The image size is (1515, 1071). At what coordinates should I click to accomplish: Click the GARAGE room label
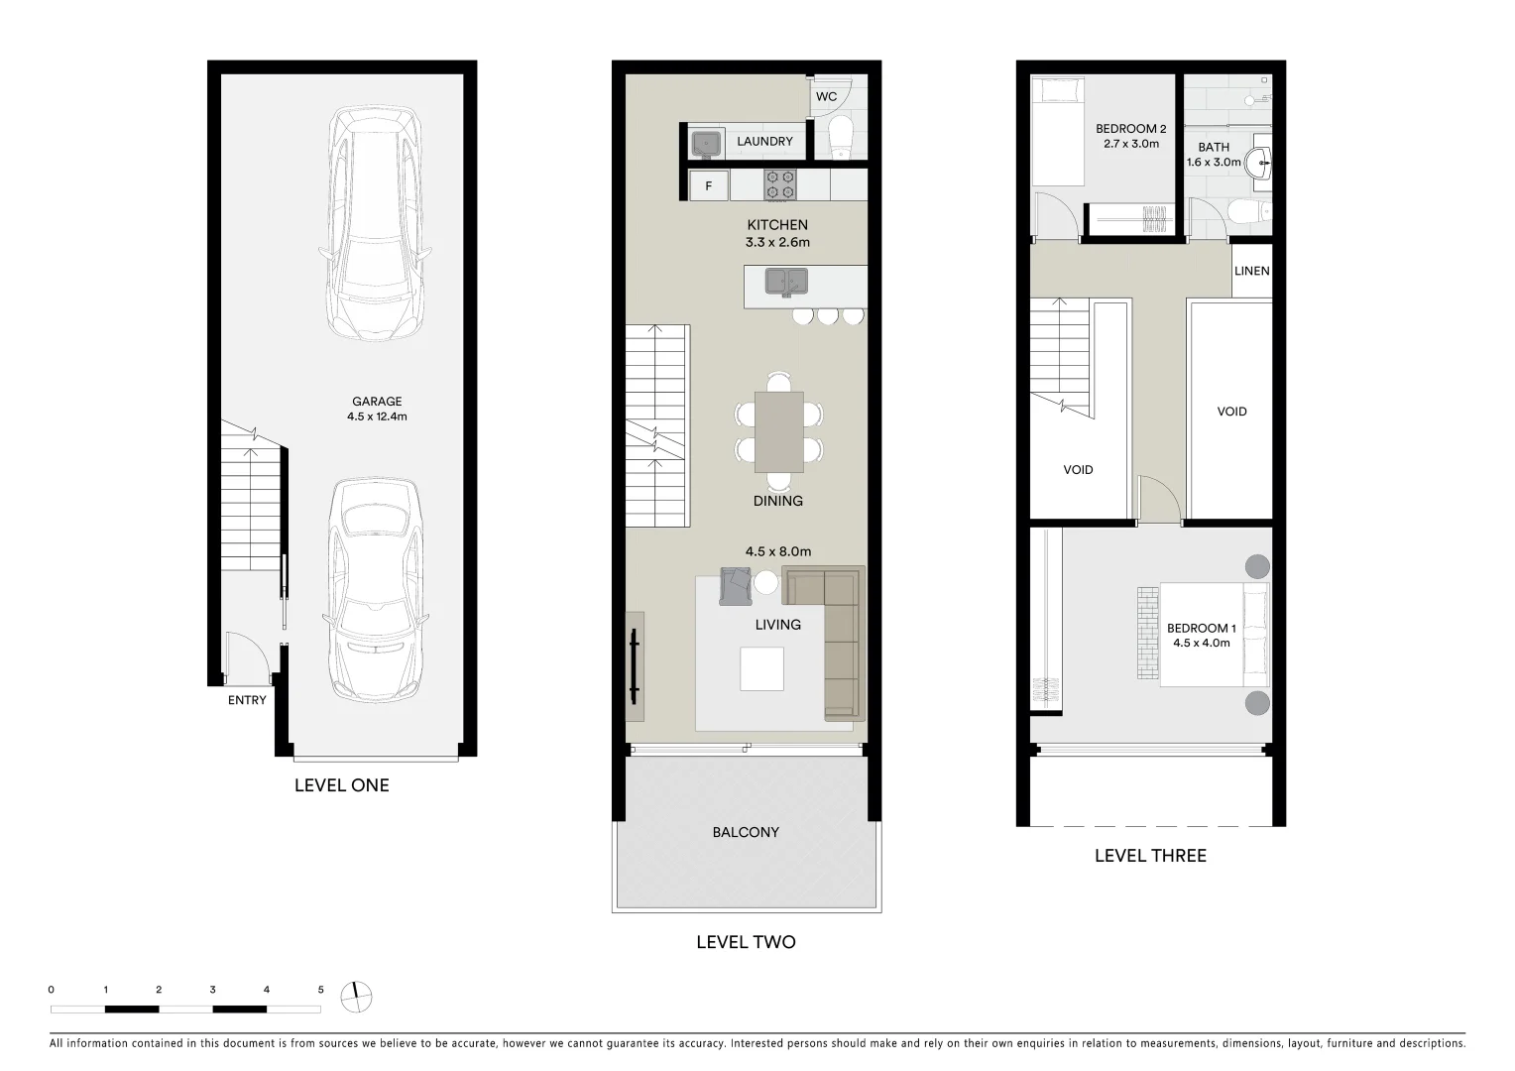(377, 402)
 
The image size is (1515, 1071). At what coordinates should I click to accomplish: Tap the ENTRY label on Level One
(247, 700)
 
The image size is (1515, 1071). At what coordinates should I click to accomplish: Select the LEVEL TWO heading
(746, 942)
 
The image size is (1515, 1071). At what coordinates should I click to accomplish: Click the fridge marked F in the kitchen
(709, 185)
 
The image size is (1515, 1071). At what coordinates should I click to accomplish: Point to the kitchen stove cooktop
(780, 184)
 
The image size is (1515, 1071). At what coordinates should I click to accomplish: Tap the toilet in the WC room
(840, 136)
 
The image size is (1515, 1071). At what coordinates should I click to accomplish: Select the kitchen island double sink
(786, 282)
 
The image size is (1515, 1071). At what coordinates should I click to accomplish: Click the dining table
(779, 431)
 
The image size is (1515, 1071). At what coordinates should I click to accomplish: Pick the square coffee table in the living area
(761, 668)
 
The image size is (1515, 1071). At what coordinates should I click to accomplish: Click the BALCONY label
(746, 832)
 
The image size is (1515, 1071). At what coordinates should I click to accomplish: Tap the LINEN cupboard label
(1252, 271)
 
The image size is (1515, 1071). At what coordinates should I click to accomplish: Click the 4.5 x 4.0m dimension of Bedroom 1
(1201, 643)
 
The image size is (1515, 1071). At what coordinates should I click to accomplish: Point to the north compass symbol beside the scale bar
(356, 997)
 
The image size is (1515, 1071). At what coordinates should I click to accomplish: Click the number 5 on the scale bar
(320, 990)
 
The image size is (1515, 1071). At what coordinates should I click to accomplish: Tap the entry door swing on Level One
(247, 657)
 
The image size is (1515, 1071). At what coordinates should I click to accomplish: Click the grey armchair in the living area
(736, 586)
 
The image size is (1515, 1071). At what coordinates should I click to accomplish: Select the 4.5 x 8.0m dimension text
(777, 551)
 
